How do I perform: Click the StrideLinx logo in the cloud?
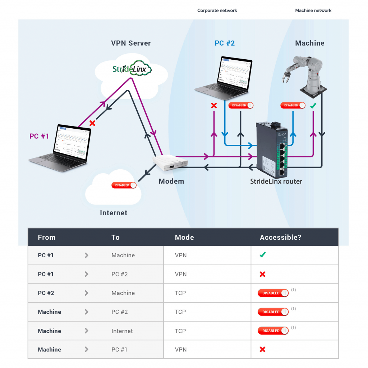point(132,68)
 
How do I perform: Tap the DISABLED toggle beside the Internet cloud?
point(124,185)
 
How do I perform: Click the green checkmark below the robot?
point(313,106)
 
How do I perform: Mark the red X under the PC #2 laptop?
point(214,106)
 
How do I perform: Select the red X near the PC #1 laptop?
point(92,123)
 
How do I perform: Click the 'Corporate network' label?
point(217,10)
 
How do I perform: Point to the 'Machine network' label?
point(313,10)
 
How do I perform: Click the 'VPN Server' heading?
point(131,43)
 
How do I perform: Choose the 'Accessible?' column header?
point(280,237)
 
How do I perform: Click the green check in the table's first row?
point(263,255)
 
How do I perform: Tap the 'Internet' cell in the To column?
point(122,331)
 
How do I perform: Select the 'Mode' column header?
point(184,237)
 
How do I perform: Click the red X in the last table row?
point(262,349)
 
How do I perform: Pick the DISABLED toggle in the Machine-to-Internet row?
point(273,331)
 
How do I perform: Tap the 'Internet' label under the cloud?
point(114,213)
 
